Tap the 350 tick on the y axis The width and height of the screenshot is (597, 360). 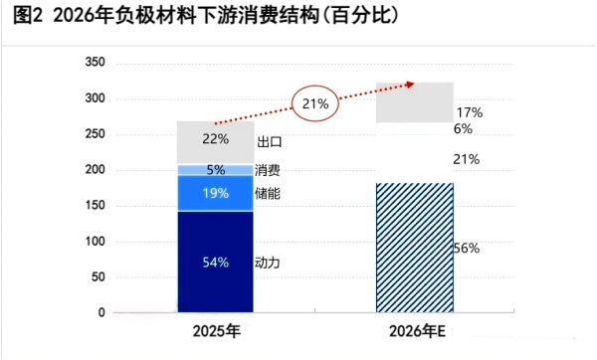coord(95,63)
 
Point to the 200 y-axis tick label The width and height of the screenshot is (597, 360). coord(95,170)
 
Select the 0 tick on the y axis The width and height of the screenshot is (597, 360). coord(101,312)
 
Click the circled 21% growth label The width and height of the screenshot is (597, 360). coord(316,102)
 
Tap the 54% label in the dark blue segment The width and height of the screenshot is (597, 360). coord(216,263)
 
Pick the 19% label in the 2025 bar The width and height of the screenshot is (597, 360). coord(216,193)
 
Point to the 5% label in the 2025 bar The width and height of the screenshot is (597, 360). coord(216,170)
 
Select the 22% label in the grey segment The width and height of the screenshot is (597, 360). coord(216,138)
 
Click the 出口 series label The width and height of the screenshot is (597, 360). coord(270,142)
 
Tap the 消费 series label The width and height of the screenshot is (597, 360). coord(268,170)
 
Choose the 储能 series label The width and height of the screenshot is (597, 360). coord(268,193)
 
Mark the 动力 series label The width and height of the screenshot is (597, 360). coord(268,263)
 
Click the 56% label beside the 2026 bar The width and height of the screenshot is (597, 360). coord(467,249)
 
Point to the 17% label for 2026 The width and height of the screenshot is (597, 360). coord(469,113)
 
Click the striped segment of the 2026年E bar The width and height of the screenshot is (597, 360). coord(414,248)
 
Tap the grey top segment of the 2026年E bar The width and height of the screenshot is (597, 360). coord(414,102)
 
